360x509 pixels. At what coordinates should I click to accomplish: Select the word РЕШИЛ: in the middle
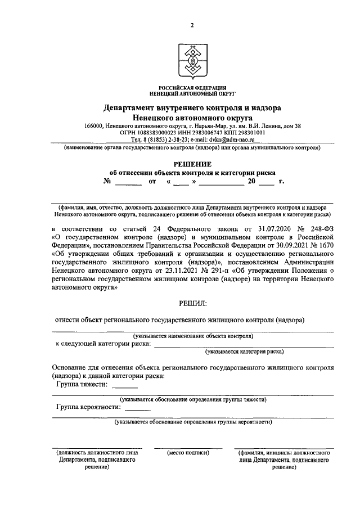click(x=192, y=304)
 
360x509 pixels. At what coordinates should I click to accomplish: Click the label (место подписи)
click(x=188, y=452)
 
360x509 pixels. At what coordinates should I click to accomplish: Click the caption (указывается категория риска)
click(x=244, y=352)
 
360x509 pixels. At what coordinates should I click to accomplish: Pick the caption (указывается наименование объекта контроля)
click(x=192, y=336)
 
